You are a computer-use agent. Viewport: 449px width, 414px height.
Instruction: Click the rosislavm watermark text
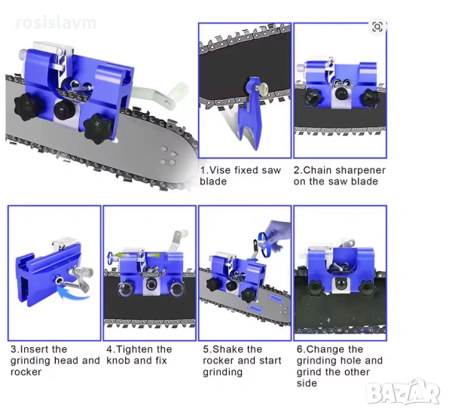pos(56,23)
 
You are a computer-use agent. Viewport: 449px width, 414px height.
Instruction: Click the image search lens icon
pos(377,27)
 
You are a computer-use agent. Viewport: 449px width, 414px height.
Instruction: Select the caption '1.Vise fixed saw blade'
pos(240,175)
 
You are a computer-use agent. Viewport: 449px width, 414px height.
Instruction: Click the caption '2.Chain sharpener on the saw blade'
pos(339,175)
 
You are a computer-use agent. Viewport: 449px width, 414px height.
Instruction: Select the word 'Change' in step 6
pos(325,349)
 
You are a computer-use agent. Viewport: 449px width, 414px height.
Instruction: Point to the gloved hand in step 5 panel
pos(277,233)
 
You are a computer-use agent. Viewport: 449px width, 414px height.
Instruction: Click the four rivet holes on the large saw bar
pos(169,155)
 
